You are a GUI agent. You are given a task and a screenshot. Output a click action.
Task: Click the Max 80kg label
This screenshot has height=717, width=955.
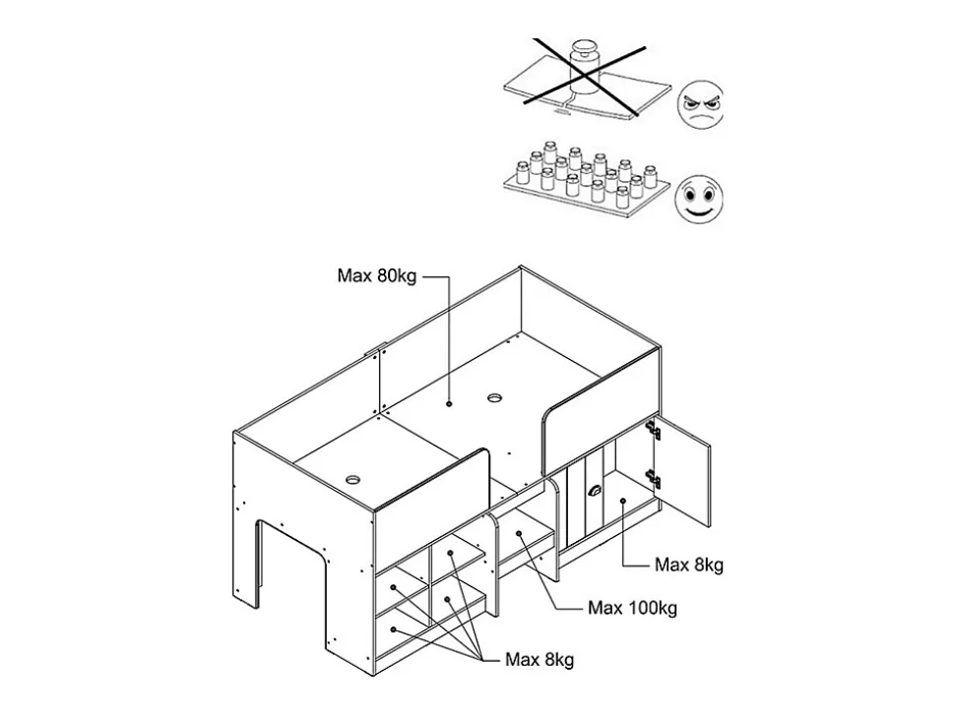[x=377, y=276]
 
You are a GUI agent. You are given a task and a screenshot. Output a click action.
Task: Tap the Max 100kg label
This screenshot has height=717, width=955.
[x=632, y=608]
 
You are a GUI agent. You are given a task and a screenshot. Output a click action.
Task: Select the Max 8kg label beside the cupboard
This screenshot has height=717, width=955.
[x=689, y=565]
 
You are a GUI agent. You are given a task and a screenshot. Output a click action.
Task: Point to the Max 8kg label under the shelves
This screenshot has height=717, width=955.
[x=539, y=659]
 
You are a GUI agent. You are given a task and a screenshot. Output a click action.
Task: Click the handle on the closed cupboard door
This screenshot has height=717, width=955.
[x=594, y=492]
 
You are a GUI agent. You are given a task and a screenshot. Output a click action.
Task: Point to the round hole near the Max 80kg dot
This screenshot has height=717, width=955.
[x=494, y=398]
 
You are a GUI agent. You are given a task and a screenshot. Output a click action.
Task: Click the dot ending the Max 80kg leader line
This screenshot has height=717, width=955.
[x=449, y=403]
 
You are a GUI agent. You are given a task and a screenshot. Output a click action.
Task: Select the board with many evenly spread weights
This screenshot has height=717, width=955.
[x=586, y=187]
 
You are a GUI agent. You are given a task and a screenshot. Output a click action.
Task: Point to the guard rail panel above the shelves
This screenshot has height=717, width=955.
[x=433, y=502]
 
